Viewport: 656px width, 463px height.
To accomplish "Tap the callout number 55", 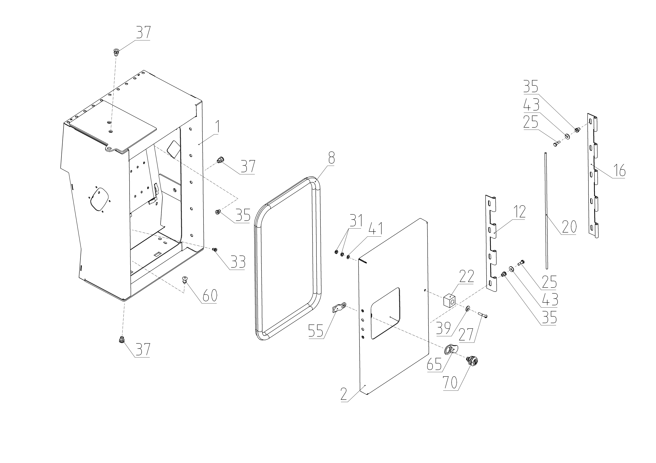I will (316, 332).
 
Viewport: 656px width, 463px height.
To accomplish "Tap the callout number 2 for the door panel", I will (344, 394).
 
